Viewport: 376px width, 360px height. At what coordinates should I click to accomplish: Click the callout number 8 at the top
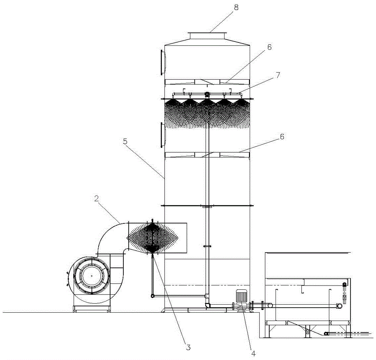[x=236, y=8]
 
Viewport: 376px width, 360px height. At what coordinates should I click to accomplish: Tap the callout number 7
[x=278, y=75]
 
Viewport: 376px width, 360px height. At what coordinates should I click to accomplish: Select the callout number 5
[x=125, y=141]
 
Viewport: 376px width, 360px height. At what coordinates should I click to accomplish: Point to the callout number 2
[x=96, y=198]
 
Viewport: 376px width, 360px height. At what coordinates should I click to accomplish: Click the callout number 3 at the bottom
[x=188, y=347]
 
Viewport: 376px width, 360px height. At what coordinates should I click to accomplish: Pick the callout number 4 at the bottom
[x=253, y=353]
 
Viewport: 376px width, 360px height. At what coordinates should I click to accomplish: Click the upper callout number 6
[x=269, y=47]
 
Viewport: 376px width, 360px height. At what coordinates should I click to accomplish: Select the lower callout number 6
[x=282, y=137]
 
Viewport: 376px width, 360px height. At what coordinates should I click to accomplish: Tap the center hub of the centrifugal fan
[x=92, y=276]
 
